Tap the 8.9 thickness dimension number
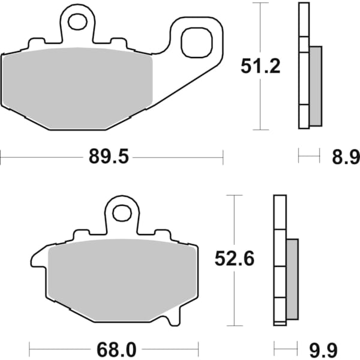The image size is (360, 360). coord(346,158)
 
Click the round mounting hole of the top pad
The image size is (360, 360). coord(77,22)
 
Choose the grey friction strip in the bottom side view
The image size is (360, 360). coord(292,278)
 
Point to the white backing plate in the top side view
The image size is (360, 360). coord(303,66)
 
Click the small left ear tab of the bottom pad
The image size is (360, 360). coord(37,260)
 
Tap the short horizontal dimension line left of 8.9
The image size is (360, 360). coord(309,158)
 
